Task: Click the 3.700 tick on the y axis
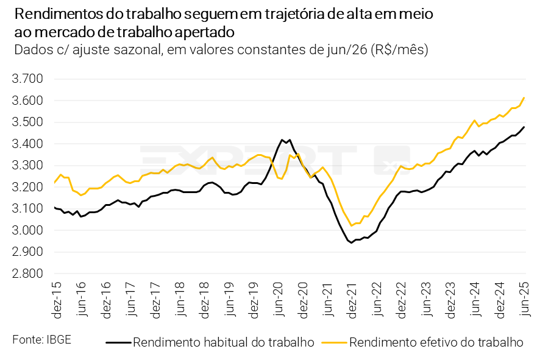coord(27,79)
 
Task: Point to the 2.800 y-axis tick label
coord(27,274)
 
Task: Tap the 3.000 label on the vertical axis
coord(27,231)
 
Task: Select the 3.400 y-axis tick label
coord(27,144)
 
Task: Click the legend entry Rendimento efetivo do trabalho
coord(436,342)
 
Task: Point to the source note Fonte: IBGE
coord(41,339)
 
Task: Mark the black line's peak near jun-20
coord(282,139)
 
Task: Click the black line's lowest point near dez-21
coord(352,243)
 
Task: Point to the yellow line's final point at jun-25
coord(524,97)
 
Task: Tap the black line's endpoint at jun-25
coord(524,127)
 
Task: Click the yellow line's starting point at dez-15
coord(55,182)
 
